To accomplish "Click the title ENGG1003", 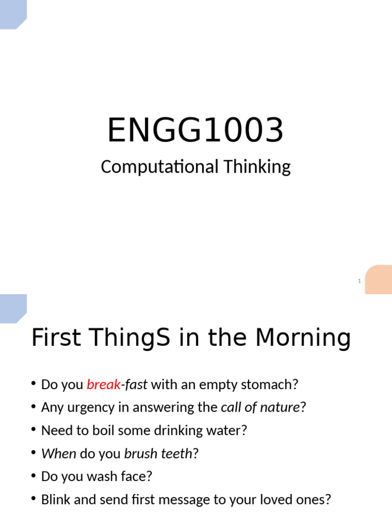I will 195,130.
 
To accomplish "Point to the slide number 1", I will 359,281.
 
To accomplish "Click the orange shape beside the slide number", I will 378,279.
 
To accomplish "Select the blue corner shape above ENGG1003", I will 12,13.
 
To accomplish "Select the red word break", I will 103,384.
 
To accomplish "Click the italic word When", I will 59,454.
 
